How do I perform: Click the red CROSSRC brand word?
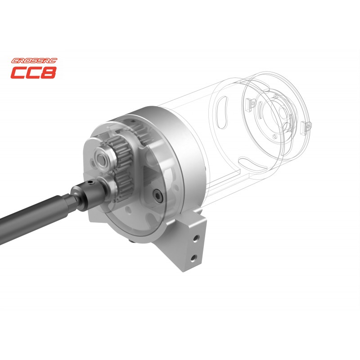pyautogui.click(x=34, y=61)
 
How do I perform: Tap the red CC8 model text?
pyautogui.click(x=33, y=72)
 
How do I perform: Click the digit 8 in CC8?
pyautogui.click(x=49, y=72)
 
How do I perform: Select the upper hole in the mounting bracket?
pyautogui.click(x=196, y=238)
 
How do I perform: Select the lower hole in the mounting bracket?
pyautogui.click(x=193, y=258)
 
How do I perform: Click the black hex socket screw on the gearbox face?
pyautogui.click(x=158, y=196)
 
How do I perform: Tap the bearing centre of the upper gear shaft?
pyautogui.click(x=101, y=158)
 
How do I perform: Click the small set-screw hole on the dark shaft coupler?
pyautogui.click(x=90, y=183)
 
